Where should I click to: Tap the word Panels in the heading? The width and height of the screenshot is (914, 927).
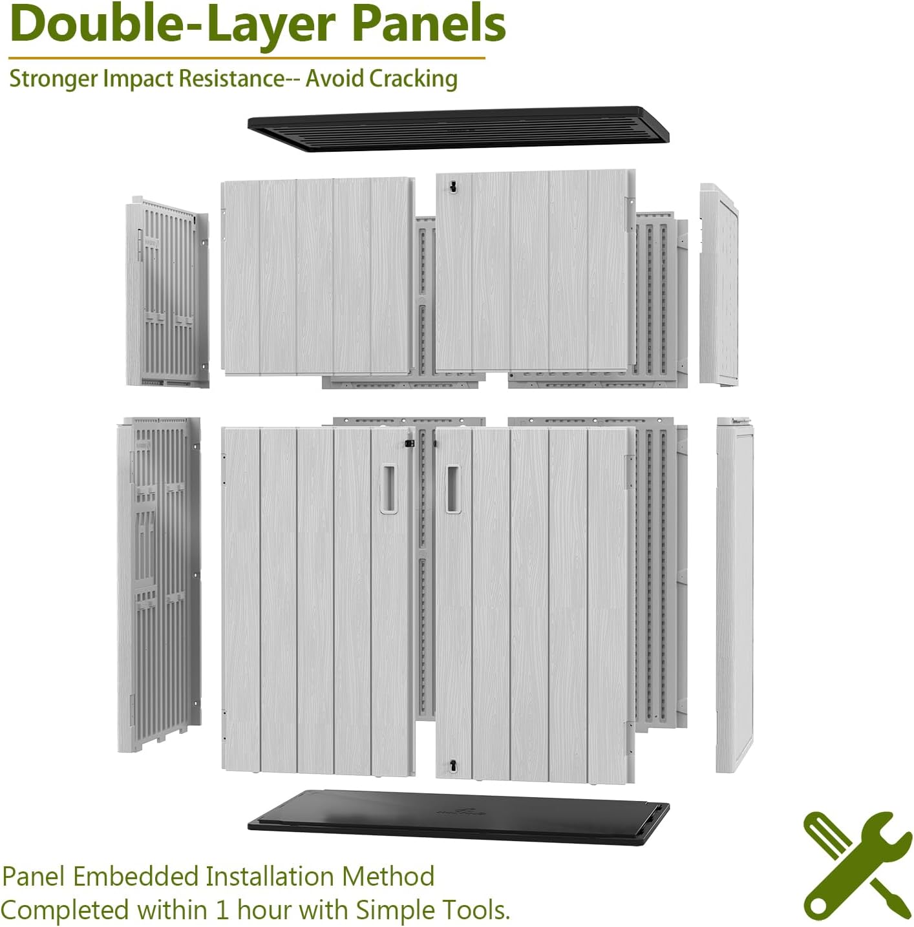[x=429, y=23]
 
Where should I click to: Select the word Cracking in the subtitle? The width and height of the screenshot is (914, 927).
[x=412, y=79]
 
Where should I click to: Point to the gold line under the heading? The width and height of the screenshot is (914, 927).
[x=246, y=58]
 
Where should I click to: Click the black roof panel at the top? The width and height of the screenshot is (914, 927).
[x=458, y=129]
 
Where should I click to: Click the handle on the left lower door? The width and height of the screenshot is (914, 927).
[x=388, y=488]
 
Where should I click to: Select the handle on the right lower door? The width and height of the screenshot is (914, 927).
[x=452, y=488]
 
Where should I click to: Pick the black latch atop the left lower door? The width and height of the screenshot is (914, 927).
[x=409, y=443]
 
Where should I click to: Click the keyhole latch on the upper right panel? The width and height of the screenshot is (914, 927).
[x=452, y=186]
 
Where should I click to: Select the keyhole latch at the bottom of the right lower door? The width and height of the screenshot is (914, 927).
[x=452, y=765]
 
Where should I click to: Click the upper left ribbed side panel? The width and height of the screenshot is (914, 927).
[x=167, y=292]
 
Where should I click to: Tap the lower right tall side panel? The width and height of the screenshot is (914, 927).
[x=735, y=595]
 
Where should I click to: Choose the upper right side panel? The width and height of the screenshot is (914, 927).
[x=719, y=285]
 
